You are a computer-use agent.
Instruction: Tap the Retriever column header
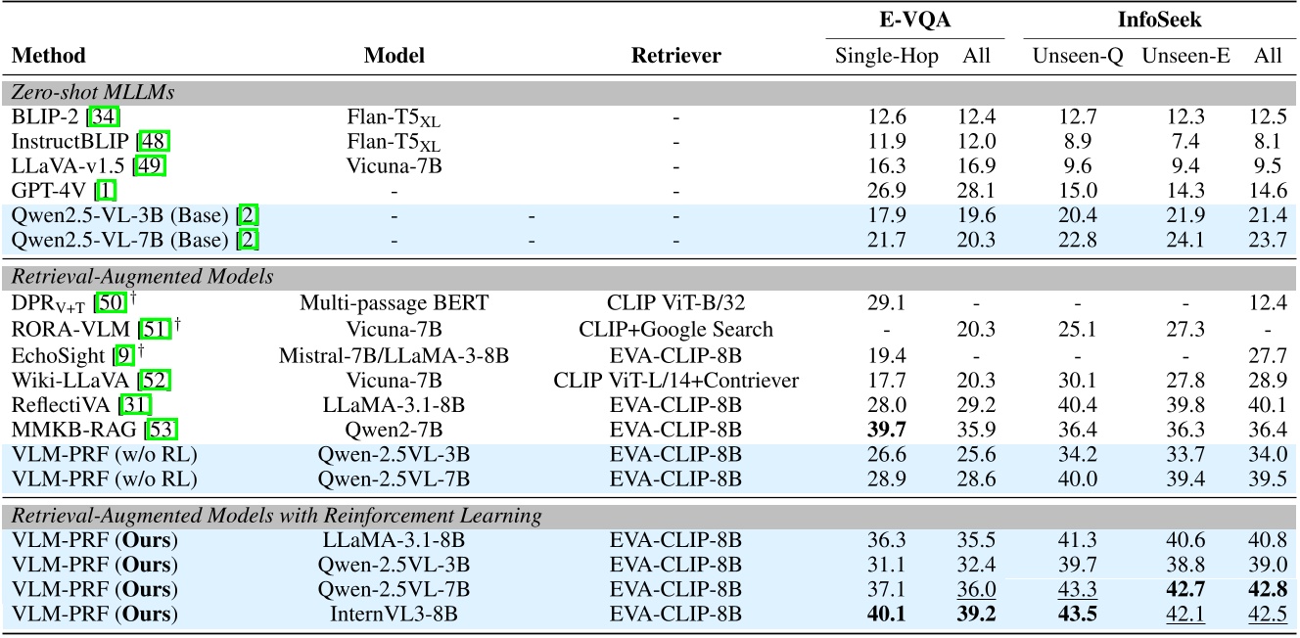(x=675, y=56)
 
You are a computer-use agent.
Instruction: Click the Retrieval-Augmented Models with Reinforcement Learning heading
(x=276, y=515)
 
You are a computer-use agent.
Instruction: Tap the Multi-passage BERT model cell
(x=395, y=304)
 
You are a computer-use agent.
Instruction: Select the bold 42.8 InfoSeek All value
(x=1269, y=589)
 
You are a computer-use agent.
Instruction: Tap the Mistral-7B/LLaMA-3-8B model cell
(x=395, y=354)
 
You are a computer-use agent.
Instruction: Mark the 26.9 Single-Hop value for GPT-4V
(x=886, y=191)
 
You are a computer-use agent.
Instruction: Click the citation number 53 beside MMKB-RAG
(x=163, y=430)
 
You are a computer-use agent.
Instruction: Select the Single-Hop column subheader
(x=886, y=56)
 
